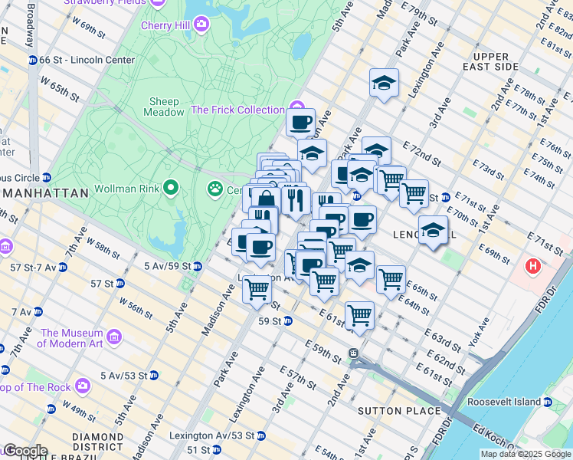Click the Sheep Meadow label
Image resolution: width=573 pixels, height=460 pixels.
[x=164, y=107]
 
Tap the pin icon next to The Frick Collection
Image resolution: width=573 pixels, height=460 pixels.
[x=296, y=110]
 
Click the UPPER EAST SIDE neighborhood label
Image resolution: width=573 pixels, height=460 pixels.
[x=491, y=62]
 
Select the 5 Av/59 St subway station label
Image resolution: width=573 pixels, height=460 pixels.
[x=166, y=266]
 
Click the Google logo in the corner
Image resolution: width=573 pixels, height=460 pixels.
[x=25, y=451]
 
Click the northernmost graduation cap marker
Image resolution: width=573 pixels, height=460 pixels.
[x=384, y=83]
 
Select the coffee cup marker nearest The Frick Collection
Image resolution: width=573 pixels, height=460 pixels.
[x=300, y=121]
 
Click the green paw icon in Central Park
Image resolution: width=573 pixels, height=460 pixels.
[x=214, y=189]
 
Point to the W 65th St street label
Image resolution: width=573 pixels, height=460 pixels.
[x=61, y=88]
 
